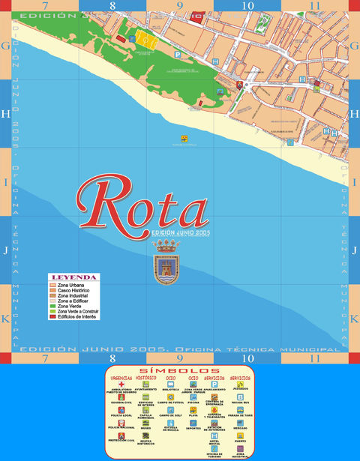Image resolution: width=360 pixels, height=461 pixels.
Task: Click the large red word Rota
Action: coord(142,206)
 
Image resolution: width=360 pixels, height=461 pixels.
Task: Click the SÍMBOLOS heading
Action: coord(179,371)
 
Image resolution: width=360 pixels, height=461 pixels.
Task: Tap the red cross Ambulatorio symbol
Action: coord(121,385)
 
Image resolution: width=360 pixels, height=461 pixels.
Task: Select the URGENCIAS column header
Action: coord(121,378)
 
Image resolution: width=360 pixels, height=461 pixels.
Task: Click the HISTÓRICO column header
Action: coord(145,378)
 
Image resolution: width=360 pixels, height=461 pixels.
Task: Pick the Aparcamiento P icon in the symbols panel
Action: coord(214,385)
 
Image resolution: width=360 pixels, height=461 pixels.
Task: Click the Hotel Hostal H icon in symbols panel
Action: coord(214,435)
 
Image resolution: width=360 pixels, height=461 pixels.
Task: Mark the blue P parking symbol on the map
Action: coord(177,54)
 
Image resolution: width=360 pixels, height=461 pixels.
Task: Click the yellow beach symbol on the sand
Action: coord(184,138)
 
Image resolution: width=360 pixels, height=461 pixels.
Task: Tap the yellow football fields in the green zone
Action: coord(145,37)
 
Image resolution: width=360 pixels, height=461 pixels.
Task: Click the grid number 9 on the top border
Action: coord(180,5)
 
